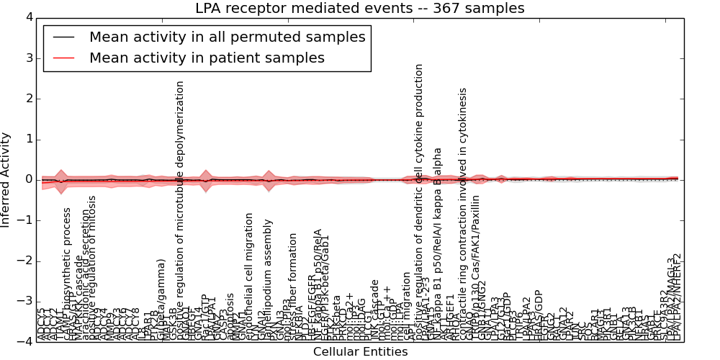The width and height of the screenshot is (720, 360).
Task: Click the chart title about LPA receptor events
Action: [360, 9]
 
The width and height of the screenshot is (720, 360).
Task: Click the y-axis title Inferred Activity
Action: [6, 179]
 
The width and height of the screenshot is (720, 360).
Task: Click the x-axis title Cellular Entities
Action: [360, 352]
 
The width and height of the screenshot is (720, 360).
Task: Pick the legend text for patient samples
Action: [207, 58]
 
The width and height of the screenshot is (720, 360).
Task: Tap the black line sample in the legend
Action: [64, 37]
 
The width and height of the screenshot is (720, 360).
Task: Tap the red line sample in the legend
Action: [64, 58]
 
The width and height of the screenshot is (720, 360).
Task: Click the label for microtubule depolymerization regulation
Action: [181, 209]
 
